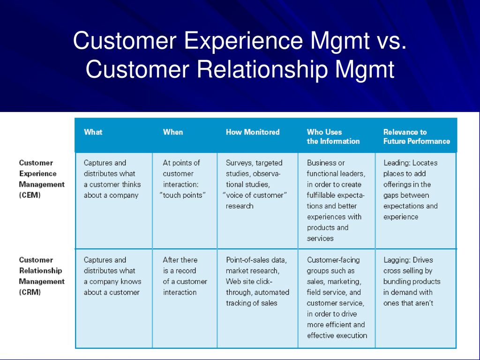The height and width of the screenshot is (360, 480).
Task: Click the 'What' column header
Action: pyautogui.click(x=93, y=132)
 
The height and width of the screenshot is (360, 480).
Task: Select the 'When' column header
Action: pyautogui.click(x=173, y=132)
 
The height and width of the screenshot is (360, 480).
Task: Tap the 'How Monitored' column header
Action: pyautogui.click(x=253, y=132)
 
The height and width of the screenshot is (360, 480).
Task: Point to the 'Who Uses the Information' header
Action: pyautogui.click(x=333, y=136)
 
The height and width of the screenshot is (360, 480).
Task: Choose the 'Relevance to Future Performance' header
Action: pyautogui.click(x=417, y=136)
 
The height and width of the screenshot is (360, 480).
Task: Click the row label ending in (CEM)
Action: pyautogui.click(x=42, y=179)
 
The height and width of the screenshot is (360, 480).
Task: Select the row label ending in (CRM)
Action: pyautogui.click(x=42, y=276)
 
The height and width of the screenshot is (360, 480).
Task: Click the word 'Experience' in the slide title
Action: pyautogui.click(x=243, y=40)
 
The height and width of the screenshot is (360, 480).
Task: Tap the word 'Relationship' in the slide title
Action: pyautogui.click(x=262, y=69)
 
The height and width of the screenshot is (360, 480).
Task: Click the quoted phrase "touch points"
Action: pyautogui.click(x=183, y=195)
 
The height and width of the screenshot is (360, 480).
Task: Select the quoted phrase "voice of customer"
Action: pyautogui.click(x=255, y=195)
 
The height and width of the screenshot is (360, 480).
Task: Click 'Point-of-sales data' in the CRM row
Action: pyautogui.click(x=256, y=260)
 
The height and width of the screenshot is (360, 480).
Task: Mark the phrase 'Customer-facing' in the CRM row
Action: pyautogui.click(x=333, y=260)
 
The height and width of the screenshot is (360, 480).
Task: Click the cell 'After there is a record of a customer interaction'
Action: pyautogui.click(x=185, y=276)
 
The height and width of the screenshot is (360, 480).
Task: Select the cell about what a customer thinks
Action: pyautogui.click(x=112, y=179)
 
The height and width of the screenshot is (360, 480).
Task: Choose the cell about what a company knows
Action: pyautogui.click(x=112, y=276)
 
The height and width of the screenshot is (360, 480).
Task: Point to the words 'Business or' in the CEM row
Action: pyautogui.click(x=326, y=163)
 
